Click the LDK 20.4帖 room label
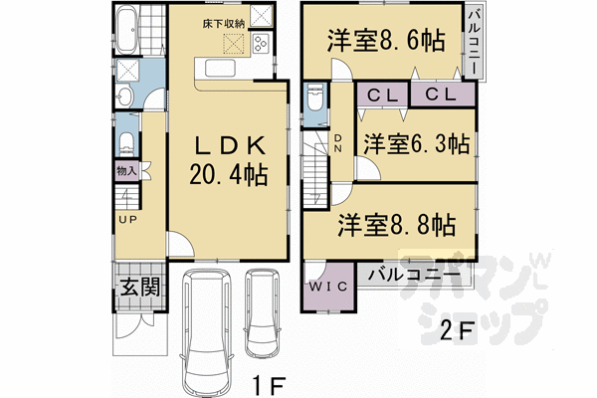click(229, 160)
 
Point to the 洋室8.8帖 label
click(396, 222)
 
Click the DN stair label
click(339, 141)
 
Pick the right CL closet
click(439, 95)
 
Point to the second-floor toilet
click(314, 102)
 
